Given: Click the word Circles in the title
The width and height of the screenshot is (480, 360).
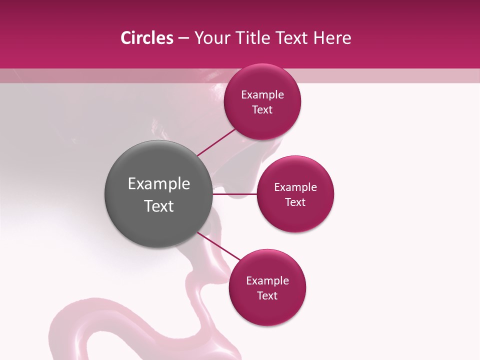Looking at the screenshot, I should (146, 38).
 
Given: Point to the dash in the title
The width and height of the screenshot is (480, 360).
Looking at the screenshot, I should (183, 38).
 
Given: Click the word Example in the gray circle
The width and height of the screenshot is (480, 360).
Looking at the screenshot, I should (159, 184).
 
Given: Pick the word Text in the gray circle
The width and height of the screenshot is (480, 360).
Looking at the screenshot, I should (159, 206).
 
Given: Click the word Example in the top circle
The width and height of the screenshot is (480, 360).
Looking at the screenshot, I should (262, 95).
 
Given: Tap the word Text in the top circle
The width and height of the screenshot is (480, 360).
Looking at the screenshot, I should (262, 110).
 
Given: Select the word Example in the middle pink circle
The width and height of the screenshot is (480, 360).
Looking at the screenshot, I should (295, 187).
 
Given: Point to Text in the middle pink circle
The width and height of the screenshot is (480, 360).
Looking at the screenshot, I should (295, 202).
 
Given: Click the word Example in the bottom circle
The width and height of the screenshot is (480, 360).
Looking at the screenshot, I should (267, 281).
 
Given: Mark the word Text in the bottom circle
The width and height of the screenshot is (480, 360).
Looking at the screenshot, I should (267, 296).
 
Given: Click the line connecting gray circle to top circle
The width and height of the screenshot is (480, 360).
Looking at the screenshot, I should (216, 142).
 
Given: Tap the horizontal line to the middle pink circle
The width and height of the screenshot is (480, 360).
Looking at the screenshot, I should (235, 193).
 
